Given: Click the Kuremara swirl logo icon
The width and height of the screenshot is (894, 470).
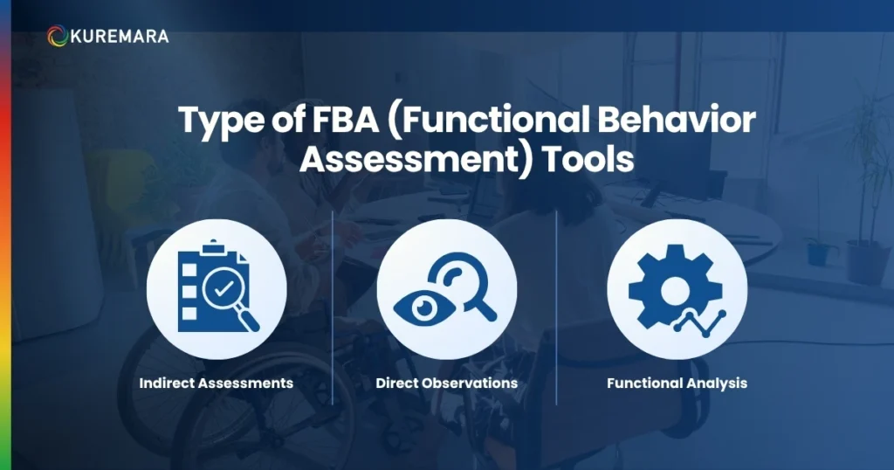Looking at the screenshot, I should coord(58,36).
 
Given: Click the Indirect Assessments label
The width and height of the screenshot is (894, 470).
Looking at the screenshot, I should coord(216,383).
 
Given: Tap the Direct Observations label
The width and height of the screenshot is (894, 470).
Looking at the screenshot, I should coord(446,383).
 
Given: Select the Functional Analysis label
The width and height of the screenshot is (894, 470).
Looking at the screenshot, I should coord(677,383).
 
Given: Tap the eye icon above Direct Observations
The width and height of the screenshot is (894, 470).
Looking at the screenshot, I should coord(418,307).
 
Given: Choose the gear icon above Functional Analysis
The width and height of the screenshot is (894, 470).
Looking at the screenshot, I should coord(669,281).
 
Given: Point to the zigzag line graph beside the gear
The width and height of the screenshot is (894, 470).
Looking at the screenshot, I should coord(698,325).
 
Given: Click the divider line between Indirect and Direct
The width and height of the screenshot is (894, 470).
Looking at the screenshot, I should coord(334,306).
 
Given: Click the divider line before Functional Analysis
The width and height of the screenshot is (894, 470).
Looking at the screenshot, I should coord(556,306).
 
